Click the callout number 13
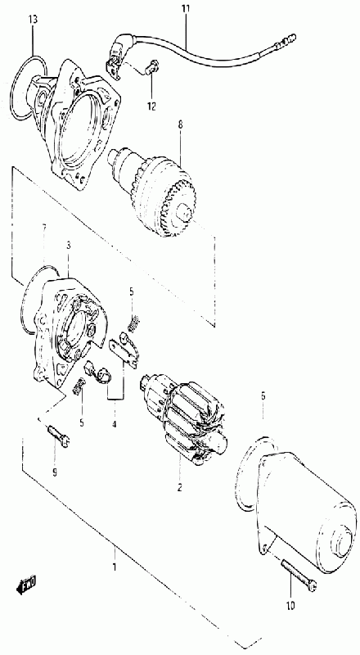33,20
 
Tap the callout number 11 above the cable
185,8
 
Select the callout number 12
151,106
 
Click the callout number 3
68,246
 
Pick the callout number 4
114,424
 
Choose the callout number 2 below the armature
179,487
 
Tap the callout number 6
263,395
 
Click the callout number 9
55,472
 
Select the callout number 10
290,604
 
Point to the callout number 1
114,567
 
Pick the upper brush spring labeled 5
133,324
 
